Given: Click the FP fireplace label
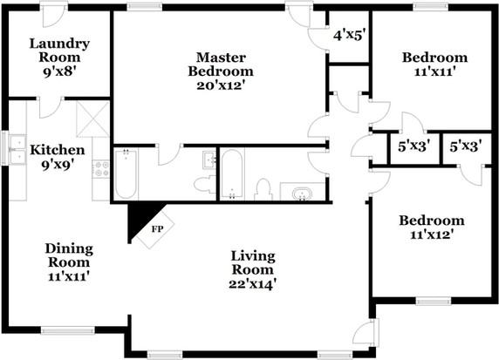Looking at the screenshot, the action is [x=157, y=229].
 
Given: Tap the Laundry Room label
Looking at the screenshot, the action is [x=59, y=51].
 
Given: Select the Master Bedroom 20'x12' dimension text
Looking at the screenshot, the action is [x=220, y=85].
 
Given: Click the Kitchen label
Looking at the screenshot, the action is [x=58, y=150].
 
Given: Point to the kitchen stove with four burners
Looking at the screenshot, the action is [x=101, y=169].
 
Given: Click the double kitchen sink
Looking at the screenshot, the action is [x=17, y=149].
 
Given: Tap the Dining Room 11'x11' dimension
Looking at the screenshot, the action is [x=68, y=276].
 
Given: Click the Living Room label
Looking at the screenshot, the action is [x=253, y=262].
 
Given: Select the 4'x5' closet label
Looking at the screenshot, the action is [x=348, y=35].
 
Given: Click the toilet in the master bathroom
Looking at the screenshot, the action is [x=203, y=184].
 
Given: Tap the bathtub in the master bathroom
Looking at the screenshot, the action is [x=126, y=174].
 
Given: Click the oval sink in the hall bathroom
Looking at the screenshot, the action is [x=302, y=194].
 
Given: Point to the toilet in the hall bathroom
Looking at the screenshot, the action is [x=263, y=190].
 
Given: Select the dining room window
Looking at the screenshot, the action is [x=68, y=330].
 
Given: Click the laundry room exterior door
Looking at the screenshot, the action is [x=54, y=16].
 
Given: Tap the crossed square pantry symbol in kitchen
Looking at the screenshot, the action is [x=93, y=119].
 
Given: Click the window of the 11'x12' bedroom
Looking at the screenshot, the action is [x=434, y=301].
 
